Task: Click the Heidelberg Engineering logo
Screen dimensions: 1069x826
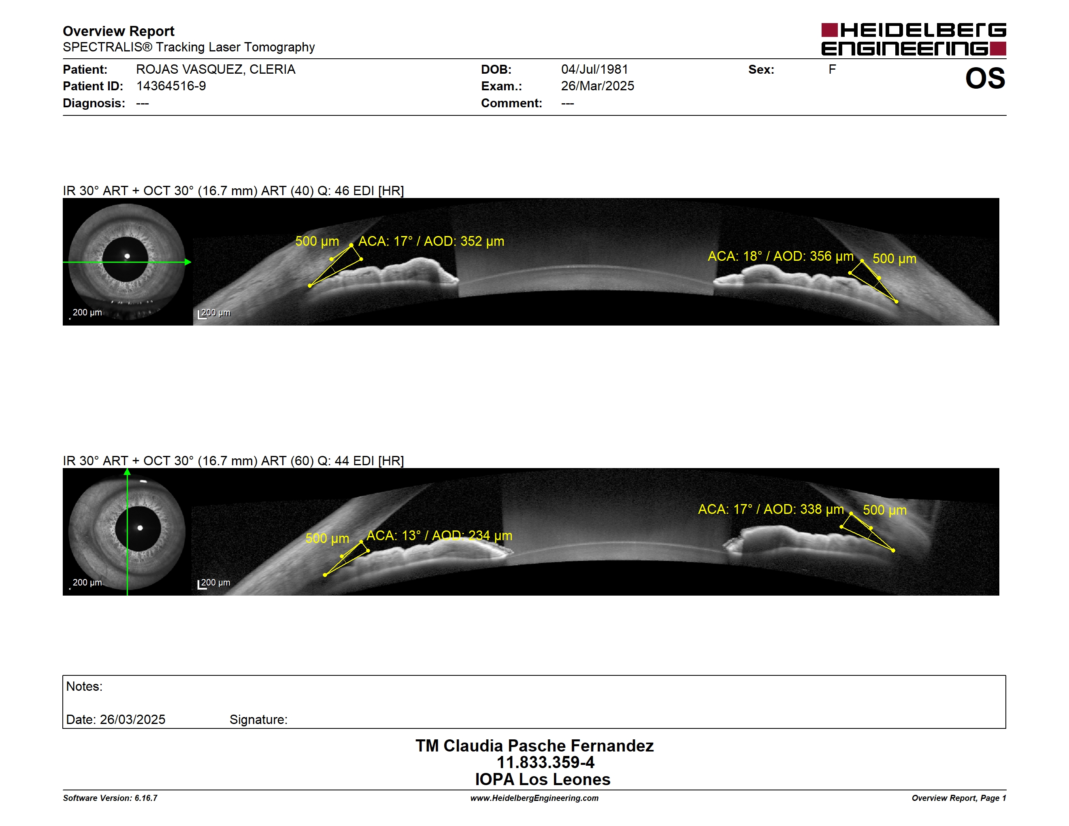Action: (x=914, y=39)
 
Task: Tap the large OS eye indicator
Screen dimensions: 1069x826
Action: (x=985, y=78)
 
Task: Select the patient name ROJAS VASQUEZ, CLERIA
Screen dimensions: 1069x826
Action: (x=215, y=70)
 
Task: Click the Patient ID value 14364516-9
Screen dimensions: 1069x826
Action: (x=171, y=86)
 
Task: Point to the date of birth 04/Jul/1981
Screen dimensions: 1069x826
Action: (x=594, y=70)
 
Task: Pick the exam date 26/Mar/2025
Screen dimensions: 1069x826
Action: (x=597, y=86)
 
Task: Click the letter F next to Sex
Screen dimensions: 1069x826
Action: (x=832, y=70)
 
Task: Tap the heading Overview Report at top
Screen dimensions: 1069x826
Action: (x=119, y=31)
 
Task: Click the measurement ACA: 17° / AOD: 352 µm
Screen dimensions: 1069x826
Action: (x=431, y=241)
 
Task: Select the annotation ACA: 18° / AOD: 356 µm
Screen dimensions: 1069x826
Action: (x=781, y=256)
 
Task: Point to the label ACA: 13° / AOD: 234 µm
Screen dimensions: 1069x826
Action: (x=439, y=536)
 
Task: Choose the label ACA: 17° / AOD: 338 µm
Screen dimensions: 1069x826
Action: (x=771, y=509)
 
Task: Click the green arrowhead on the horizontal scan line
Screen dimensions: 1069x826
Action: (x=188, y=262)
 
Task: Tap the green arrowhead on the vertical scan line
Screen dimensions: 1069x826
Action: (x=127, y=472)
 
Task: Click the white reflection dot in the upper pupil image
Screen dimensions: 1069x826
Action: (x=127, y=256)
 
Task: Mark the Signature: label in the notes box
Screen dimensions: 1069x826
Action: (x=258, y=720)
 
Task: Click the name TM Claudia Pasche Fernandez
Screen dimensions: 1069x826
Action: (x=534, y=746)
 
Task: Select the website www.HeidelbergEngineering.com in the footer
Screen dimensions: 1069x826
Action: (x=534, y=798)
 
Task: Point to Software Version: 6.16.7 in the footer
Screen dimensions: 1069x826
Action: (x=110, y=798)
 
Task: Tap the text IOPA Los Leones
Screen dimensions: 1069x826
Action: (x=543, y=779)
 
